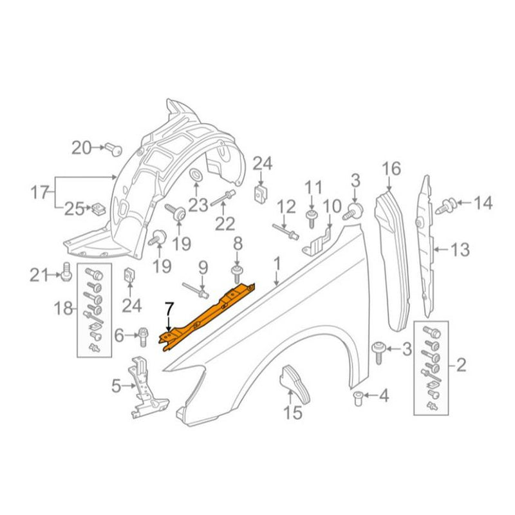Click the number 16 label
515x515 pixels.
(391, 169)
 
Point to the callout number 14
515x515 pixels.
(483, 203)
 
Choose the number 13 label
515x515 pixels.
(460, 248)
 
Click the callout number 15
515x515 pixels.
(293, 412)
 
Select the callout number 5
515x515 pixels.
(116, 386)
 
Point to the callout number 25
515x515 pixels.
(73, 208)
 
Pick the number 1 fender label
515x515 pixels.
(277, 263)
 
